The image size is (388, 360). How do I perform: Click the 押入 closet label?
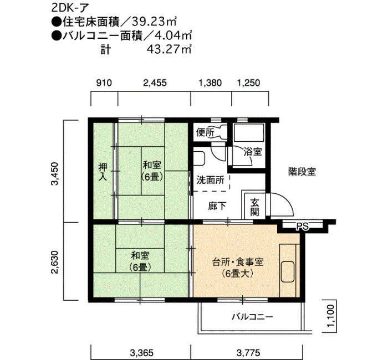coord(103,172)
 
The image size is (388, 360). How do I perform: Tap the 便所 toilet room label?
coord(205,133)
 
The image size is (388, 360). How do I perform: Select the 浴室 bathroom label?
coord(253,151)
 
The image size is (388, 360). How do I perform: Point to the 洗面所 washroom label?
coord(210,180)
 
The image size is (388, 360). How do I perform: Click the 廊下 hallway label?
coord(217,205)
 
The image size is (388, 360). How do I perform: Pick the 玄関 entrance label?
coord(254,208)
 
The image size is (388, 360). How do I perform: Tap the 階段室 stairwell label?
coord(302,171)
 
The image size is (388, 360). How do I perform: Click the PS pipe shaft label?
coord(303,226)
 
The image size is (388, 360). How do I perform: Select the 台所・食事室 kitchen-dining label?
coord(238,262)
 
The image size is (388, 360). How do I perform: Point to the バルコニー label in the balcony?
coord(252,317)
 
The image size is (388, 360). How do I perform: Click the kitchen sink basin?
coord(288,271)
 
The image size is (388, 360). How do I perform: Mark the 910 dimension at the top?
coord(104,83)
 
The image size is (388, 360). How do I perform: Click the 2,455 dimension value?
coord(155,83)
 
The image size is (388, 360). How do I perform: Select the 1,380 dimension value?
coord(210,83)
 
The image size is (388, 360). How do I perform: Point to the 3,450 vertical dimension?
coord(54,173)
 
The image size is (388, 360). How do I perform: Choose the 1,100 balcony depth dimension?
coord(331,316)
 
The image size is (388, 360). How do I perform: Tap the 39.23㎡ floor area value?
coord(154,22)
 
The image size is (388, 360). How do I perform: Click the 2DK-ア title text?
coord(70,8)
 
